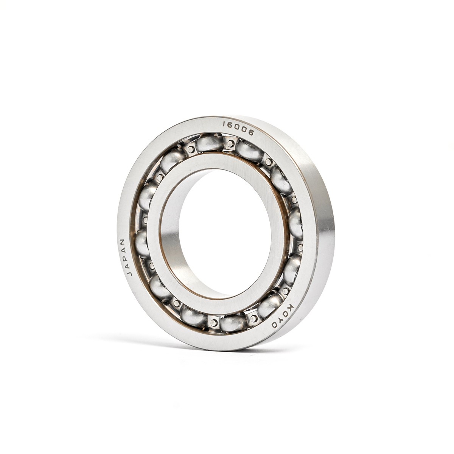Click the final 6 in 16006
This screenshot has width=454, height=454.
[x=251, y=133]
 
